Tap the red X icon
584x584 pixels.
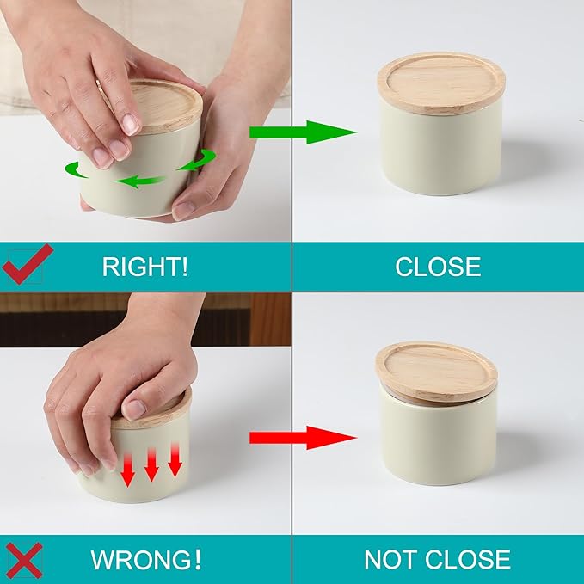click(25, 560)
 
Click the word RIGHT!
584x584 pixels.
click(144, 267)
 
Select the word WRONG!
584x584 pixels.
click(146, 559)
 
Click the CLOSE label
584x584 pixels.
click(438, 267)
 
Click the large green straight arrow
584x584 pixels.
click(303, 132)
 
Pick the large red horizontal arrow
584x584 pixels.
click(303, 438)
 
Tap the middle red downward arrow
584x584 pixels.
click(151, 464)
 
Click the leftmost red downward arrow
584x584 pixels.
click(128, 470)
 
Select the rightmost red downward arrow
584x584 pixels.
click(175, 459)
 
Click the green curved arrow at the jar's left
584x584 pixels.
click(75, 170)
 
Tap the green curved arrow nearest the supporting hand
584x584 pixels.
click(198, 159)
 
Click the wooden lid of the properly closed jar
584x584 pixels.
click(441, 83)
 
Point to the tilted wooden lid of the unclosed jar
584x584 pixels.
click(436, 372)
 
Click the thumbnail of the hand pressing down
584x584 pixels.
click(135, 409)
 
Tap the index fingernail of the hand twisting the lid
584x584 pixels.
click(131, 125)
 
